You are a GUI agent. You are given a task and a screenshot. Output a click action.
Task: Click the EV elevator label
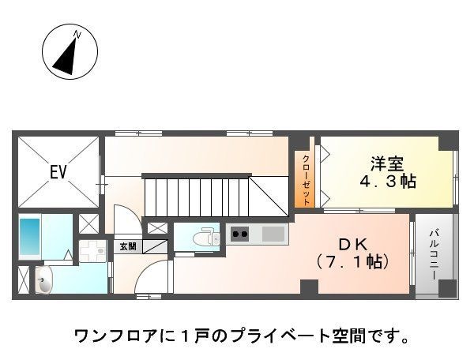(x=58, y=172)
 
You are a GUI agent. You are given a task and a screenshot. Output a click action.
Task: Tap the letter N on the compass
(x=77, y=35)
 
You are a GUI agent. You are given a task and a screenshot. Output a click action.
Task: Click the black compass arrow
(x=66, y=56)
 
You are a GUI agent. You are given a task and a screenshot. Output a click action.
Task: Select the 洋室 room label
(x=387, y=164)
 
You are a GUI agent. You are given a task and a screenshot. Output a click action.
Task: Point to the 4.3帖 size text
(x=387, y=182)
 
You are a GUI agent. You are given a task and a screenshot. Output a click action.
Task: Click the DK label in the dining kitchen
(x=353, y=245)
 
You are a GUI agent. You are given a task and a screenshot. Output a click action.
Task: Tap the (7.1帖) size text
(x=352, y=262)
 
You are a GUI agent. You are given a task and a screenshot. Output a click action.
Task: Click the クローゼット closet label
(x=306, y=180)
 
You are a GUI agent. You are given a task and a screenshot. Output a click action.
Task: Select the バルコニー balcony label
(x=434, y=254)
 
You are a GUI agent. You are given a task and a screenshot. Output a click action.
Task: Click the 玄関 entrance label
(x=128, y=247)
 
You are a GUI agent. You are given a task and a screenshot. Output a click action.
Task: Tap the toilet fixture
(x=207, y=238)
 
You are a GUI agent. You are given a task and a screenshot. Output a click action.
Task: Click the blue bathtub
(x=30, y=237)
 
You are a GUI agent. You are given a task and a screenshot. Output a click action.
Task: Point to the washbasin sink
(x=43, y=280)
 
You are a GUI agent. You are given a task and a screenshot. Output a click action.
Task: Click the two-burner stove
(x=239, y=234)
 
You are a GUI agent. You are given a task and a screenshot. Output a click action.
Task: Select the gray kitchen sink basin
(x=273, y=234)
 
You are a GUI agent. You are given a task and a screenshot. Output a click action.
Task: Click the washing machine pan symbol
(x=92, y=251)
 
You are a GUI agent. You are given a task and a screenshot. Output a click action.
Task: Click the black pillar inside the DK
(x=309, y=287)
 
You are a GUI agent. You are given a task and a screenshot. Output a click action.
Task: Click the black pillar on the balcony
(x=447, y=288)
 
